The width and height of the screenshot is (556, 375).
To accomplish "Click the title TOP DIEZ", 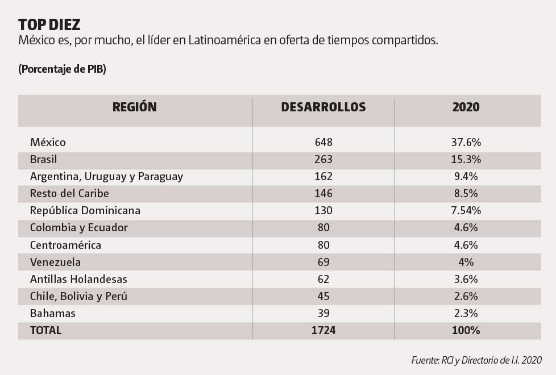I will [49, 24].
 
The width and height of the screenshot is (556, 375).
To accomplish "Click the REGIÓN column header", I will [134, 107].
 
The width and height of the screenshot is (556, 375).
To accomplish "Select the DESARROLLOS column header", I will [323, 107].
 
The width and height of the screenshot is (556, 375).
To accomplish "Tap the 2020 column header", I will [466, 107].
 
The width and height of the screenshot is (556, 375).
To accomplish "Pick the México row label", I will [48, 143].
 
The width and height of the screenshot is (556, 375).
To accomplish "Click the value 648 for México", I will [323, 143].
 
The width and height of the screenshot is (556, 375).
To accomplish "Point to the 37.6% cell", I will [466, 143].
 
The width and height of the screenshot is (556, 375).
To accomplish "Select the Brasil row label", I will [43, 160].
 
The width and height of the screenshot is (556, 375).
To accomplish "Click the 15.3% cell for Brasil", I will [466, 160].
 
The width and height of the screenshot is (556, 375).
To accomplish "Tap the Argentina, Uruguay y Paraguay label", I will [106, 177].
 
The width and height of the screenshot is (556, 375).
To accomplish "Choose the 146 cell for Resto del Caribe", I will [323, 194].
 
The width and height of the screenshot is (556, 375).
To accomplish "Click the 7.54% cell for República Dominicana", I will [466, 211].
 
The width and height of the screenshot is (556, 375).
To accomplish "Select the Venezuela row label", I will [55, 262].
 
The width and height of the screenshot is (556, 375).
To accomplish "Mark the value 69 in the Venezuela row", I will [323, 262].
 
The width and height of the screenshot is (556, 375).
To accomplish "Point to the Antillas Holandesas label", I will [78, 280].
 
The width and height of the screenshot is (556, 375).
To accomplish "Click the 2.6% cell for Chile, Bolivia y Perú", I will [466, 297].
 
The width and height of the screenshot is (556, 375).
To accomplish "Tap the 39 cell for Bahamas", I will [323, 314].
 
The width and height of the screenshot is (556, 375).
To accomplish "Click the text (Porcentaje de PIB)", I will [62, 69].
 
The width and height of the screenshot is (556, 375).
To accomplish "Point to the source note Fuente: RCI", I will [476, 360].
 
